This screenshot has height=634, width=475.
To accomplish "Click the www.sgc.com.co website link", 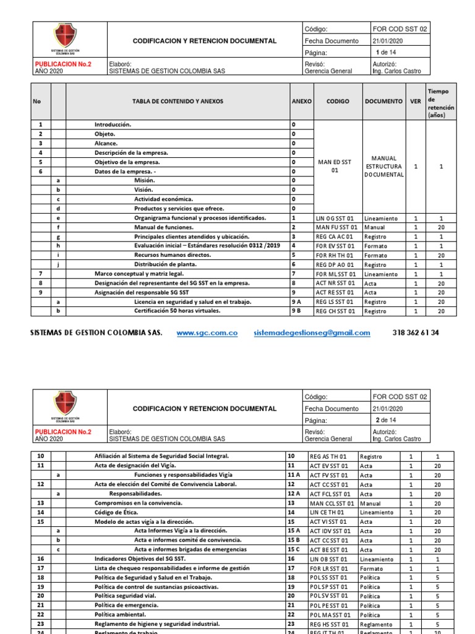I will (207, 332).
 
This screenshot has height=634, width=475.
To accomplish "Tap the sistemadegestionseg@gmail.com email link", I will (312, 332).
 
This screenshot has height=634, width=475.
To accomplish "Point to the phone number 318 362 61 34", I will (416, 332).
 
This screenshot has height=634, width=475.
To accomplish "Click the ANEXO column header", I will (301, 101).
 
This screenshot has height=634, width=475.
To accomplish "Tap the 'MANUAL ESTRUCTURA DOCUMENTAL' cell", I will (384, 167).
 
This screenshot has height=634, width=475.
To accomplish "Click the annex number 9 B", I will (297, 311).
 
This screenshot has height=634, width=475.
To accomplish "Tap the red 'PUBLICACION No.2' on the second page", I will (63, 432).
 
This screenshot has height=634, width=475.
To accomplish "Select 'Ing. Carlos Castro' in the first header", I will (397, 71).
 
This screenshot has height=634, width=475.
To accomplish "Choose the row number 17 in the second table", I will (41, 568).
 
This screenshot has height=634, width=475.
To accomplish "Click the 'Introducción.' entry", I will (113, 124).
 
